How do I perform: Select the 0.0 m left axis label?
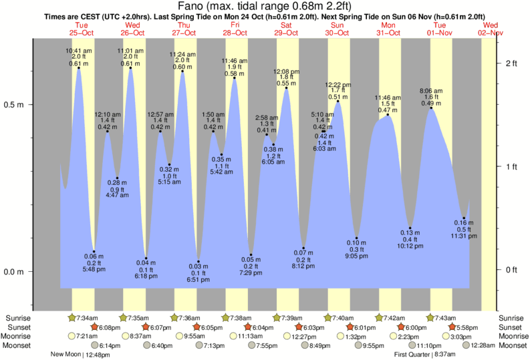click(x=15, y=272)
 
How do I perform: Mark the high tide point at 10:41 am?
click(x=79, y=67)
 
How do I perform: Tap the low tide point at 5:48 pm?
click(x=94, y=252)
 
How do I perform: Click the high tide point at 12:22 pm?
click(x=338, y=101)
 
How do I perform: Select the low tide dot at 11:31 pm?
click(x=464, y=218)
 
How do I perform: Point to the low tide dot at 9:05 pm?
click(x=357, y=238)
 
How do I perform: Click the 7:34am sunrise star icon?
click(x=72, y=318)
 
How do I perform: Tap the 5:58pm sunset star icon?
click(x=452, y=327)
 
